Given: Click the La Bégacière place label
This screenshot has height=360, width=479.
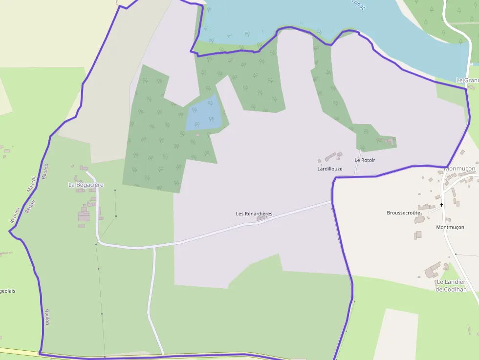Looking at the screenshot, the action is click(86, 185).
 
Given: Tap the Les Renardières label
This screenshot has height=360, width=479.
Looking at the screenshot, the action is click(254, 214).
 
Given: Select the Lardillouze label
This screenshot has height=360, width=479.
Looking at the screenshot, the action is click(330, 169).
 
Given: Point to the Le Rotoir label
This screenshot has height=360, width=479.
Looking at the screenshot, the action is click(365, 160).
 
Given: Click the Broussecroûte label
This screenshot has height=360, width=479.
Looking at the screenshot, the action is click(403, 213).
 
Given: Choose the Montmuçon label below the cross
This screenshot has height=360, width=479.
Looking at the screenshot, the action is click(450, 227).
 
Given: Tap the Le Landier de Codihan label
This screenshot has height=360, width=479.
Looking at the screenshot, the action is click(451, 286).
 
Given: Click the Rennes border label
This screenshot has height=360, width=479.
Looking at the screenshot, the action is click(15, 215).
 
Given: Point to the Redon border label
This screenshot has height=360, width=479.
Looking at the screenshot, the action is click(31, 208).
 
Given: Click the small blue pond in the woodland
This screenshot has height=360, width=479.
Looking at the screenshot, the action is click(205, 114).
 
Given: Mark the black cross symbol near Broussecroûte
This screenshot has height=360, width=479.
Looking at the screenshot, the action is click(441, 205).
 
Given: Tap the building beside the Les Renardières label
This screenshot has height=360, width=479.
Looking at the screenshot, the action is click(262, 219).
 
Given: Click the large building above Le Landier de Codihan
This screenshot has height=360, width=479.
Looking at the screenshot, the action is click(432, 270).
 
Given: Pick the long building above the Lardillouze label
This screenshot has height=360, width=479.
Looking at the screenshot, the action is click(331, 157).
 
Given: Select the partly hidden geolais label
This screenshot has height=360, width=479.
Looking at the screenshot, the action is click(7, 291).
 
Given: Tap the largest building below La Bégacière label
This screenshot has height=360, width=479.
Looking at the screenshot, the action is click(84, 215).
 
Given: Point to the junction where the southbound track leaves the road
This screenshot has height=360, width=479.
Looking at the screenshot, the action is click(154, 247).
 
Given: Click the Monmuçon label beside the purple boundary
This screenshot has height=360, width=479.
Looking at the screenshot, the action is click(459, 169).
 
